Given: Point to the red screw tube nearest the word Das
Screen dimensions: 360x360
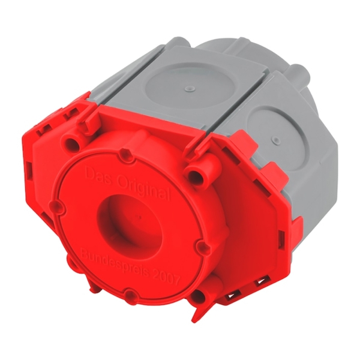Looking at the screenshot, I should tap(73, 143).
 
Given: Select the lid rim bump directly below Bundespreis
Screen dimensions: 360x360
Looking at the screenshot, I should tap(128, 295).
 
